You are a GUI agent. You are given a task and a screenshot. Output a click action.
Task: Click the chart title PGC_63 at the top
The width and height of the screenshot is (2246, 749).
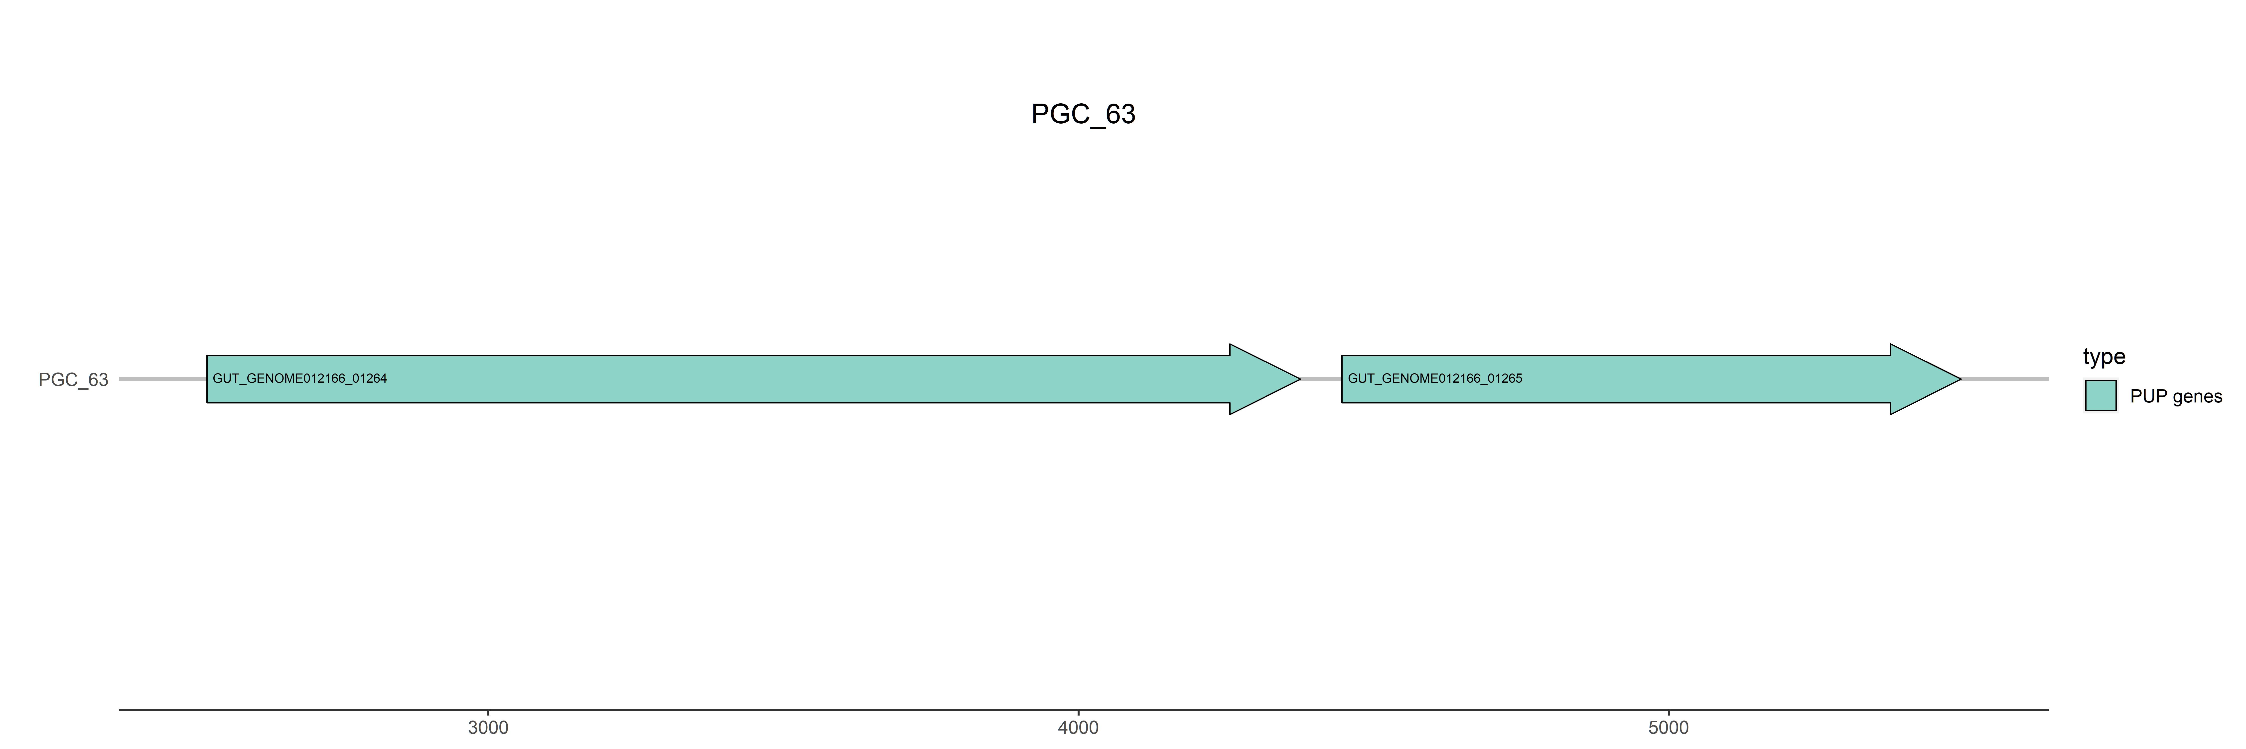(1083, 114)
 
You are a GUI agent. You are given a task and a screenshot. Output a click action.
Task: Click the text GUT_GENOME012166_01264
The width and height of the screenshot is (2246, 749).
(300, 378)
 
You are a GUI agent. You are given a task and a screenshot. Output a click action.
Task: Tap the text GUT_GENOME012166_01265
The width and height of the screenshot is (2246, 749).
(1435, 378)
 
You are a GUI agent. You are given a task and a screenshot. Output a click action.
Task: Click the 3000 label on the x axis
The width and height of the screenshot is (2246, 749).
(488, 727)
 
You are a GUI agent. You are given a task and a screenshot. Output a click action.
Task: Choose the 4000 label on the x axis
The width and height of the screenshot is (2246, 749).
(1079, 727)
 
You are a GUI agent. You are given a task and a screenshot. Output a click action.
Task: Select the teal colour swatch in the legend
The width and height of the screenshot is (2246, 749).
(2101, 396)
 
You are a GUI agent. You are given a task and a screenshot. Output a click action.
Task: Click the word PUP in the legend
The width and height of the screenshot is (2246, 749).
(2148, 397)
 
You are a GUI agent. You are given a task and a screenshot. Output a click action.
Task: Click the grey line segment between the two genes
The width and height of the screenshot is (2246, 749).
(1321, 379)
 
